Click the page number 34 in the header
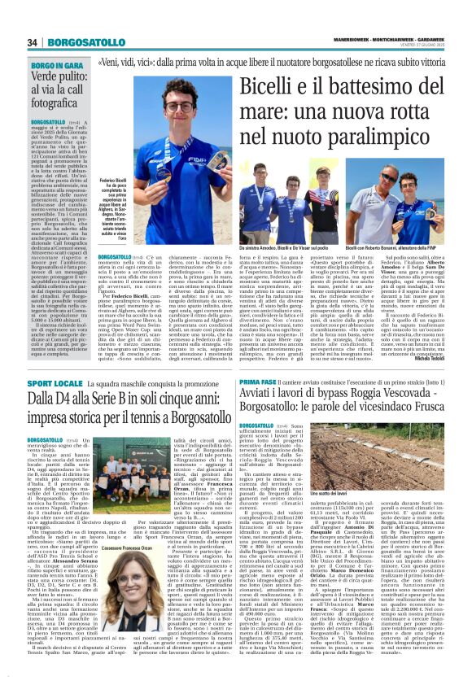click(33, 42)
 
